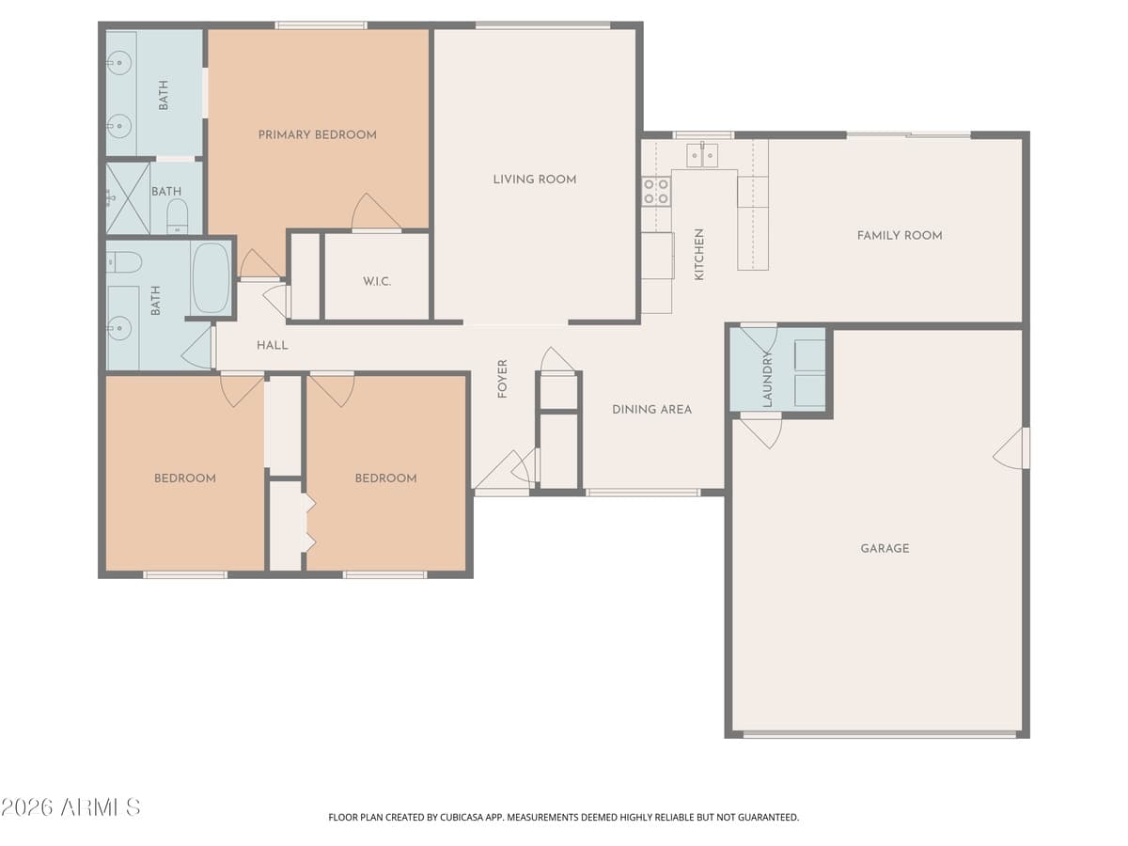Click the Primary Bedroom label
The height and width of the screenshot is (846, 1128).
click(x=317, y=134)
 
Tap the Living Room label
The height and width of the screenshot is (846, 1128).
click(x=534, y=179)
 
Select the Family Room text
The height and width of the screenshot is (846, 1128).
click(x=899, y=235)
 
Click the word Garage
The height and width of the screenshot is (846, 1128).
click(x=885, y=548)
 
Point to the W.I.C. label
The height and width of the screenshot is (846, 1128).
click(x=376, y=281)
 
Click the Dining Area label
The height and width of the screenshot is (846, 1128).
click(x=651, y=409)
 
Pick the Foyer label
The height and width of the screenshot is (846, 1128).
click(x=502, y=379)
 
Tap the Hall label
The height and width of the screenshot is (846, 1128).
click(x=273, y=345)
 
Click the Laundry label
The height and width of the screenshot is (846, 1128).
click(x=767, y=379)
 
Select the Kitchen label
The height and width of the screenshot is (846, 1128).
click(x=698, y=255)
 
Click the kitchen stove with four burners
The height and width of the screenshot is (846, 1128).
click(x=656, y=191)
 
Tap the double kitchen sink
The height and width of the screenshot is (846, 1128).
click(x=702, y=154)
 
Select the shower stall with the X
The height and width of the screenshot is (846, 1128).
click(x=128, y=197)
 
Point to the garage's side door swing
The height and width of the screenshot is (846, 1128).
click(x=1012, y=448)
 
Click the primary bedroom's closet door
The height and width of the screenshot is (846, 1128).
click(x=376, y=214)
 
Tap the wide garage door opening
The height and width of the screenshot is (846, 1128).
click(x=878, y=734)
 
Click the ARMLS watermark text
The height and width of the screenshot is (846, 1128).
click(x=70, y=807)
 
